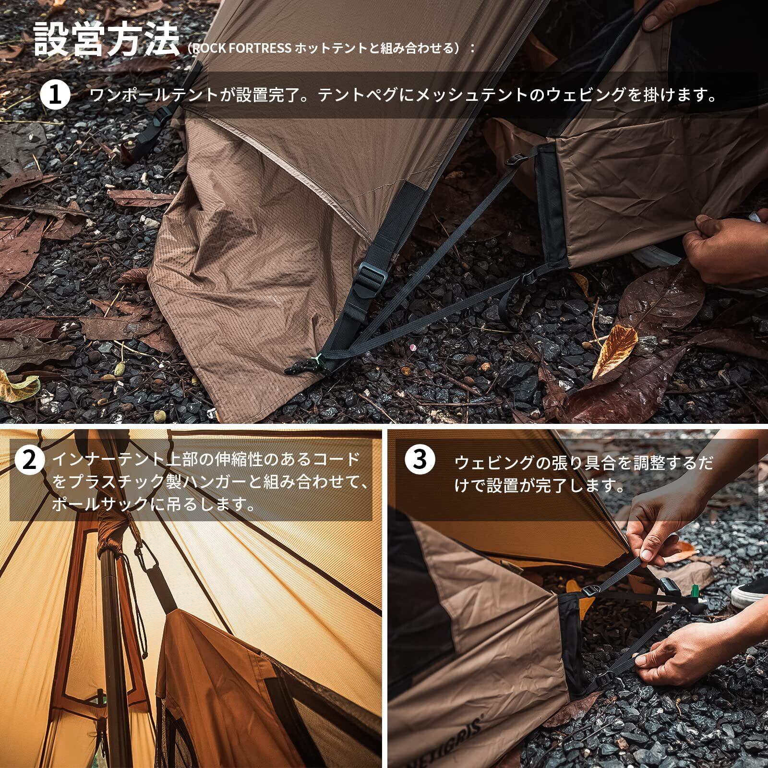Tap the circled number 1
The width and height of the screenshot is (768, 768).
point(55,95)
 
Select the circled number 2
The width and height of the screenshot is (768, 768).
point(30,459)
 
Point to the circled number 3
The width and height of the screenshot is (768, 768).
point(420,459)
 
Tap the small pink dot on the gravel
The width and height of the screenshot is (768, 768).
point(412,347)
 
